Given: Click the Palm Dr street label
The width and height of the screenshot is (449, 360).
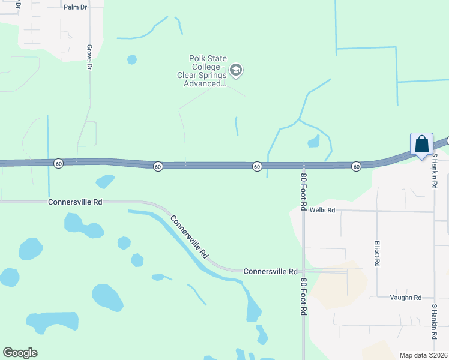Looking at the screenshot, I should (x=75, y=8).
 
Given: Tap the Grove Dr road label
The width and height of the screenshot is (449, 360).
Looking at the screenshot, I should (x=89, y=57).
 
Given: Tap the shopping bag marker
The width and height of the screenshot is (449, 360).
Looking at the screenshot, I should (x=421, y=145).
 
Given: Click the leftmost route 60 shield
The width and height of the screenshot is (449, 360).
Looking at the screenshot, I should (x=58, y=163).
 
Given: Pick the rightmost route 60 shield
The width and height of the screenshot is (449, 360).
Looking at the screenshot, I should (x=356, y=166).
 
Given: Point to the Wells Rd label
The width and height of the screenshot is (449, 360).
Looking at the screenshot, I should (x=322, y=211).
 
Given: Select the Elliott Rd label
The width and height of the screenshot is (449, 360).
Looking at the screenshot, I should (x=377, y=255).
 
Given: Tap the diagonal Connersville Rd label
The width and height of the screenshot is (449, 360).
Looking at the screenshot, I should (x=189, y=236).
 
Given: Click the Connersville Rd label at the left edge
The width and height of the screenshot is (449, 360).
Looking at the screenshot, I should (x=75, y=202).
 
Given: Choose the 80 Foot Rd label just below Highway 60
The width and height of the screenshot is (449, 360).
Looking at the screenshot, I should (x=304, y=192).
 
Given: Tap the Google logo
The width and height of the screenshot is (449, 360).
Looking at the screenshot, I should (x=20, y=353).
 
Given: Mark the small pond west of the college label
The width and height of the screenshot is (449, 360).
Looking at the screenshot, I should (x=131, y=59).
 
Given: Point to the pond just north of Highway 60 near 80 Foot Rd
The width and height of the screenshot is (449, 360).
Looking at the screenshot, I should (x=313, y=142).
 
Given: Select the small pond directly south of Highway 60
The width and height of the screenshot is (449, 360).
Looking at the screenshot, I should (x=106, y=181).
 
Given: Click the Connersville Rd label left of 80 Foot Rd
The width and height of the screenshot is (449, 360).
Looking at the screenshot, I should (x=270, y=272).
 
